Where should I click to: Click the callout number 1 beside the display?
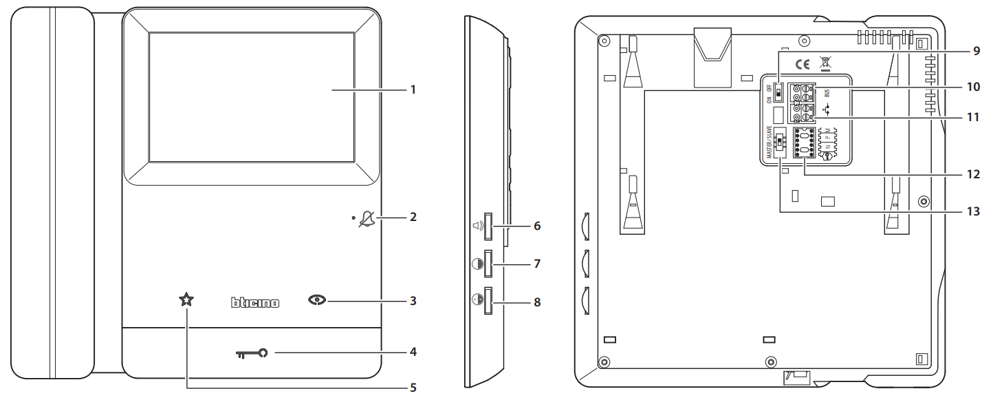click(412, 90)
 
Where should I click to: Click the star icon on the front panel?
click(186, 299)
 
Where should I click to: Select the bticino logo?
click(254, 302)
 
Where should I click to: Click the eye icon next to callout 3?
click(318, 301)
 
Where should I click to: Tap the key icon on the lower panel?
click(252, 354)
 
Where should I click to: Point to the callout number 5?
click(412, 388)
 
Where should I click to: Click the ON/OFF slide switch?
click(778, 91)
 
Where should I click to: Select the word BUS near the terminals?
click(827, 90)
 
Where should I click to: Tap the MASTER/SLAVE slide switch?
click(780, 143)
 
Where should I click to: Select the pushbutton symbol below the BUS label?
click(827, 109)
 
